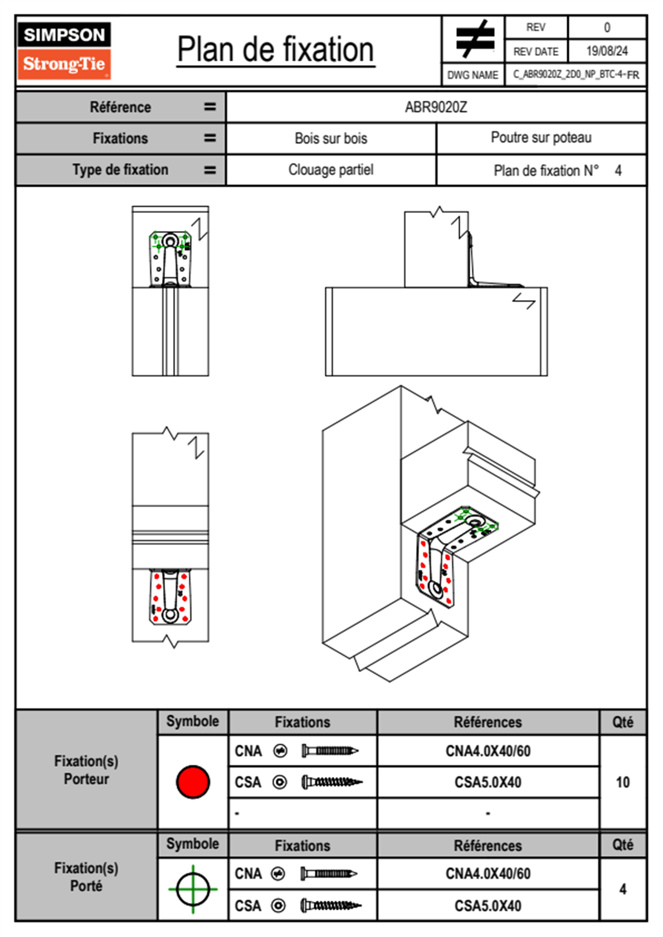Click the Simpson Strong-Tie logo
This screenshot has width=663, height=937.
pyautogui.click(x=64, y=50)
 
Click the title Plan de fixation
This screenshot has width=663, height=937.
pyautogui.click(x=275, y=50)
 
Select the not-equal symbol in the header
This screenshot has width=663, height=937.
pyautogui.click(x=474, y=40)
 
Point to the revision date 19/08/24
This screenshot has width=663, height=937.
pyautogui.click(x=607, y=51)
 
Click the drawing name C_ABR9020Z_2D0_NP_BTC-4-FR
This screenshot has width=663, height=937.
pyautogui.click(x=576, y=75)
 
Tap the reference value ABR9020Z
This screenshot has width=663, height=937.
pyautogui.click(x=436, y=107)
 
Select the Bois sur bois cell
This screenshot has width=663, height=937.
pyautogui.click(x=331, y=138)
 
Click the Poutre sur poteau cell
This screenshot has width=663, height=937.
pyautogui.click(x=541, y=138)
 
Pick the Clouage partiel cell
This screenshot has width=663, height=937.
pyautogui.click(x=331, y=170)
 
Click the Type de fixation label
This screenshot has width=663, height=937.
pyautogui.click(x=120, y=170)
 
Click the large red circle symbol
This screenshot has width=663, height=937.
pyautogui.click(x=193, y=782)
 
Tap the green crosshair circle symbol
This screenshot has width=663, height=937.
pyautogui.click(x=193, y=889)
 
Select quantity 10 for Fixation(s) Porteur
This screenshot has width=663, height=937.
pyautogui.click(x=622, y=782)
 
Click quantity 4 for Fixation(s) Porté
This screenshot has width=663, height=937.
pyautogui.click(x=622, y=889)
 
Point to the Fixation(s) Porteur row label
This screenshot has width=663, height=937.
pyautogui.click(x=86, y=770)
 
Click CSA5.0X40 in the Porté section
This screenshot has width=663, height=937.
pyautogui.click(x=487, y=906)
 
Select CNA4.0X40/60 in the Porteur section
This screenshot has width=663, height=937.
pyautogui.click(x=487, y=751)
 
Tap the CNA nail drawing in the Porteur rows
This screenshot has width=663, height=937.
pyautogui.click(x=330, y=751)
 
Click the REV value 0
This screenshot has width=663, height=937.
pyautogui.click(x=607, y=27)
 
